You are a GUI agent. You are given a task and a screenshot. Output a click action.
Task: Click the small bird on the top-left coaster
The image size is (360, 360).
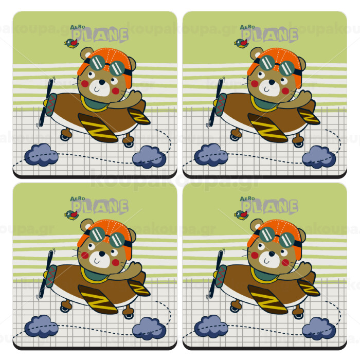pyautogui.click(x=71, y=43)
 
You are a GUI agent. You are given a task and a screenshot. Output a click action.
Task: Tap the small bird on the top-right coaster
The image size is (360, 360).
pyautogui.click(x=241, y=43)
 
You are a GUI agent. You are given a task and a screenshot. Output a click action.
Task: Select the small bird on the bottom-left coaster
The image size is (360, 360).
pyautogui.click(x=71, y=215)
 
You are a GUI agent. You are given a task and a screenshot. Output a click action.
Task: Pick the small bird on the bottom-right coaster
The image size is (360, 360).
pyautogui.click(x=241, y=215)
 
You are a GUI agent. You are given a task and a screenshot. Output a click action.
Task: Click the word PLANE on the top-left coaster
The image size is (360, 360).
pyautogui.click(x=100, y=35)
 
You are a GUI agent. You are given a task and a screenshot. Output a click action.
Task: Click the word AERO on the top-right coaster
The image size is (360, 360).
pyautogui.click(x=247, y=27)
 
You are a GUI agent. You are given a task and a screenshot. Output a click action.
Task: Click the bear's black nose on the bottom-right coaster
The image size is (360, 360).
pyautogui.click(x=272, y=254)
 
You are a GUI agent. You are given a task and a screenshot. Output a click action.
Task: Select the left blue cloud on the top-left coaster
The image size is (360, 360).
pyautogui.click(x=41, y=155)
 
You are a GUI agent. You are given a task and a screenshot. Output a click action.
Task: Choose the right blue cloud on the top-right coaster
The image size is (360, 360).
pyautogui.click(x=319, y=157)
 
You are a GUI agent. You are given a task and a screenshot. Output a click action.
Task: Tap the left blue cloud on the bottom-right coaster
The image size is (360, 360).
pyautogui.click(x=211, y=326)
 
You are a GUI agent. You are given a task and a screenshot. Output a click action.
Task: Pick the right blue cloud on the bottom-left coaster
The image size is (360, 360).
pyautogui.click(x=149, y=328)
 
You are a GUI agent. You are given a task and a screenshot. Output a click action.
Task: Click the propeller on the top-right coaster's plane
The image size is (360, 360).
pyautogui.click(x=216, y=103)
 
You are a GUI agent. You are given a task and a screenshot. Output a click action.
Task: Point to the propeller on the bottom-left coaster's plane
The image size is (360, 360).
pyautogui.click(x=46, y=274)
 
